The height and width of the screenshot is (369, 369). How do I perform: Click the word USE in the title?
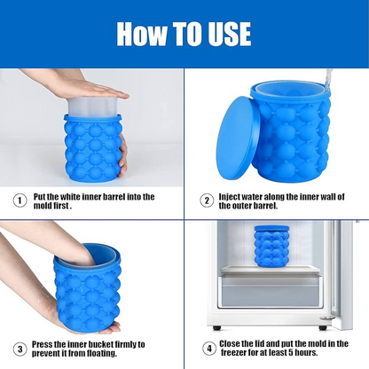click(x=224, y=34)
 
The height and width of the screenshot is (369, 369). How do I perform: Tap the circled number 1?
click(x=20, y=200)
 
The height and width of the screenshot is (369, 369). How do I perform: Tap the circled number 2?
click(x=205, y=200)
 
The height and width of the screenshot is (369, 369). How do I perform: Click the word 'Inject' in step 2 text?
click(x=232, y=196)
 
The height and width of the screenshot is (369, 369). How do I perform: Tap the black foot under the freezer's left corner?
click(x=216, y=327)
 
